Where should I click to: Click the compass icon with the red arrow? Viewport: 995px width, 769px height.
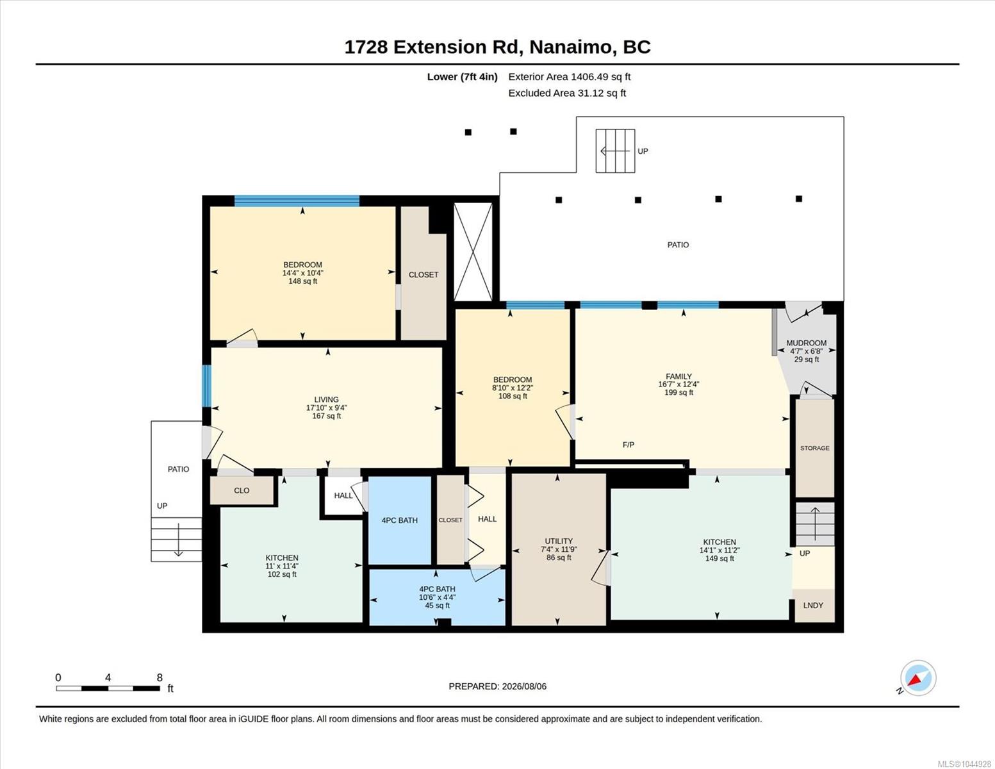click(x=918, y=678)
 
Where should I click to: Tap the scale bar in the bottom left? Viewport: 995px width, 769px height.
click(x=108, y=688)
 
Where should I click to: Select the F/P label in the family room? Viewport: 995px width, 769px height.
click(x=629, y=445)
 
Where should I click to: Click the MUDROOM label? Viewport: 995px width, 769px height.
click(x=807, y=343)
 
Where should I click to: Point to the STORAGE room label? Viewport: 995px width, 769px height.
click(x=814, y=448)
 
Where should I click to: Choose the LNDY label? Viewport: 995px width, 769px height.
click(x=813, y=605)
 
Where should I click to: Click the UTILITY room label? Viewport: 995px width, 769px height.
click(x=559, y=541)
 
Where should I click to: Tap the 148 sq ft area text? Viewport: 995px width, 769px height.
click(x=302, y=281)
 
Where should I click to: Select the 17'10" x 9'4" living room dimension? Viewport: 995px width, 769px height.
click(x=327, y=408)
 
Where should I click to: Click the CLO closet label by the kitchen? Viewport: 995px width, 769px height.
click(x=242, y=490)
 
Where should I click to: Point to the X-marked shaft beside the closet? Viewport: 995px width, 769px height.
click(x=473, y=252)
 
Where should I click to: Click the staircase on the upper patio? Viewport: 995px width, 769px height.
click(x=615, y=151)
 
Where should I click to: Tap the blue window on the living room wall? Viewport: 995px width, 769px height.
click(x=207, y=386)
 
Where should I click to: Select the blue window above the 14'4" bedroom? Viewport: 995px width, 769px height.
click(x=297, y=201)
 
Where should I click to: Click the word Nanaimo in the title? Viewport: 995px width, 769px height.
click(x=572, y=47)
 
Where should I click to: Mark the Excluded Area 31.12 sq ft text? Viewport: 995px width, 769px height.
click(x=567, y=93)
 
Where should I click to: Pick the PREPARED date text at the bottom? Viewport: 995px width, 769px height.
click(x=497, y=686)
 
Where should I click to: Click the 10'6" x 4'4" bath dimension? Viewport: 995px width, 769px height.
click(x=437, y=597)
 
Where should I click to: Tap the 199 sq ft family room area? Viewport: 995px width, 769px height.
click(x=678, y=393)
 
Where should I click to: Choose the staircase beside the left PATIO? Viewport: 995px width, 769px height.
click(x=176, y=540)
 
